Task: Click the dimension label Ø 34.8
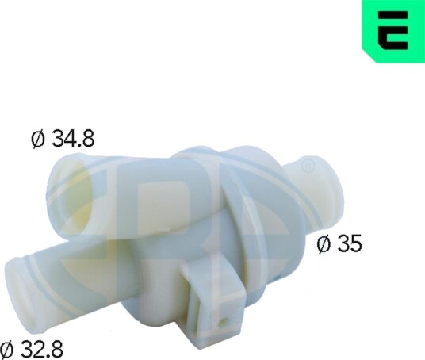click(63, 139)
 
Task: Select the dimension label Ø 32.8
click(32, 349)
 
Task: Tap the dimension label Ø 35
click(339, 243)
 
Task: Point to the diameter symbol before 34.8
click(38, 139)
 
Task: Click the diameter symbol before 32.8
click(7, 349)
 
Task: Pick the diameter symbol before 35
click(323, 243)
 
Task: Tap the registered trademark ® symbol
click(308, 166)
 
